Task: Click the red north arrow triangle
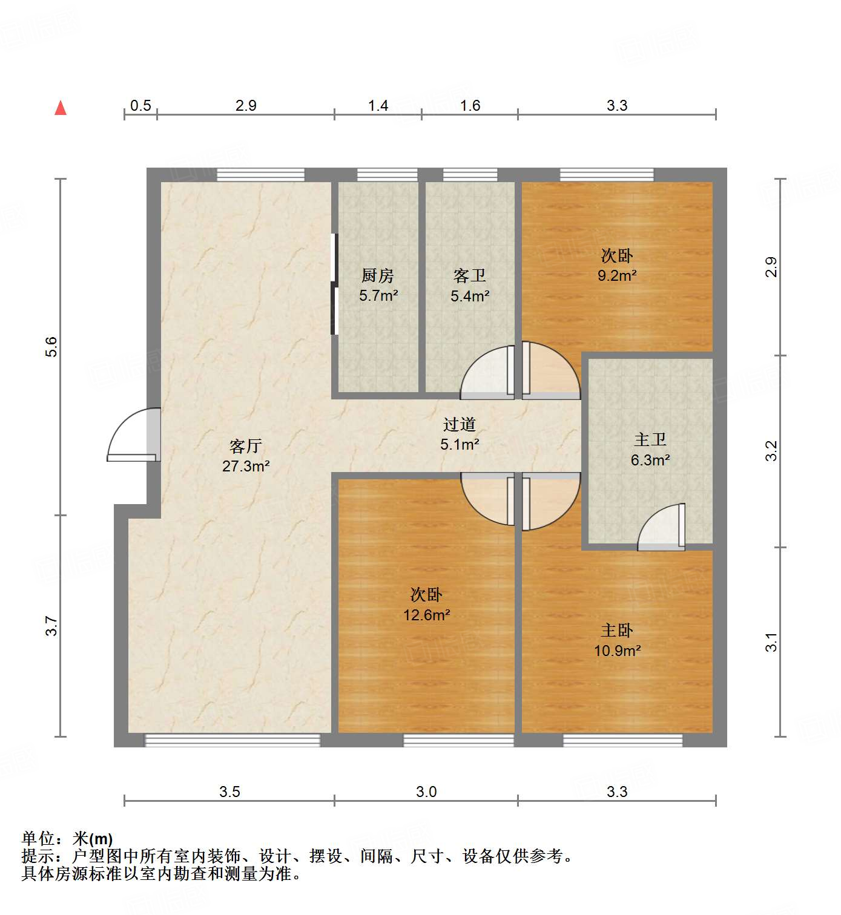click(x=61, y=108)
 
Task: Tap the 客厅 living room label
click(x=246, y=447)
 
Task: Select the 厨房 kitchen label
click(x=378, y=276)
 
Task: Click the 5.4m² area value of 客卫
click(x=470, y=296)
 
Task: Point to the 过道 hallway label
click(x=460, y=425)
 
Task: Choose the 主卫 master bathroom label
click(x=650, y=440)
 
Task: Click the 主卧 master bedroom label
click(x=617, y=631)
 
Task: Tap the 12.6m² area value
click(x=427, y=615)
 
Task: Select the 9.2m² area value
click(x=617, y=276)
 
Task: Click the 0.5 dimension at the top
click(x=140, y=106)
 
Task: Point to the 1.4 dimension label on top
click(x=378, y=106)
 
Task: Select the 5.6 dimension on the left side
click(x=51, y=346)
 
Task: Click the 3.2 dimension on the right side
click(x=771, y=451)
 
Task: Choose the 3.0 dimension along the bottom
click(x=426, y=792)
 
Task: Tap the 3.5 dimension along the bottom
click(x=229, y=792)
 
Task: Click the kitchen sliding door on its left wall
click(x=334, y=284)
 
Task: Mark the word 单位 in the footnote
click(x=38, y=838)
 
